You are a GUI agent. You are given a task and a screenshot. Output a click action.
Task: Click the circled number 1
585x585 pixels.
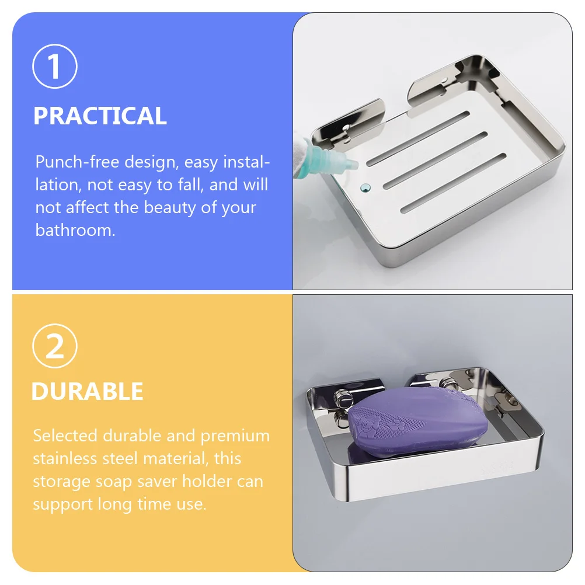click(55, 67)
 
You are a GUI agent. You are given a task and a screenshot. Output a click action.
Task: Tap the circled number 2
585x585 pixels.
click(55, 347)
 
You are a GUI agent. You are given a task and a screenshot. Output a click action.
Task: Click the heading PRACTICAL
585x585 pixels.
click(100, 116)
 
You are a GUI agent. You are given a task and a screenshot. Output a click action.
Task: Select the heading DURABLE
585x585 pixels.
click(87, 391)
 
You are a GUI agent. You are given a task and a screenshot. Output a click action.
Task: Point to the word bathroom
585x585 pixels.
click(75, 229)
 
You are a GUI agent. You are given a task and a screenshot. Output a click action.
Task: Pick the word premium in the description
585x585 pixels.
click(235, 436)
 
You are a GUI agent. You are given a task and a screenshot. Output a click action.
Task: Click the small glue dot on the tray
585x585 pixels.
click(365, 187)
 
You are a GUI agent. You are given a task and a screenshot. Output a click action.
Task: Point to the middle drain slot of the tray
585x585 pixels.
click(435, 161)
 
